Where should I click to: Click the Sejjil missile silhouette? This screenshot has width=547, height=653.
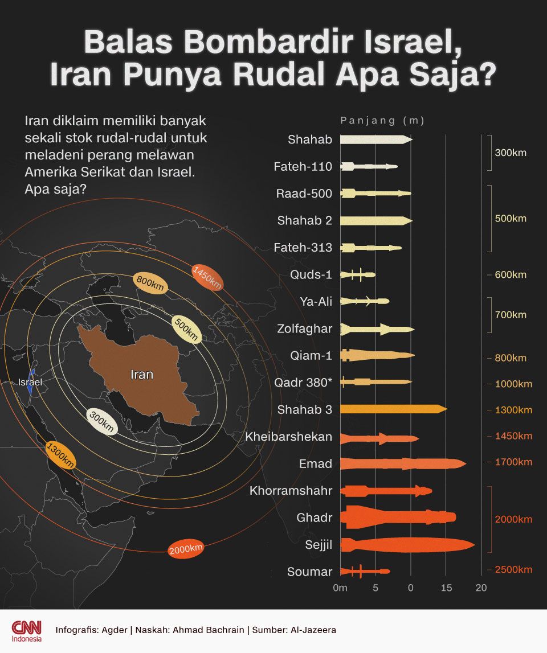407,545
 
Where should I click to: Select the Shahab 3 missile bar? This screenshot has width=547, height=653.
393,409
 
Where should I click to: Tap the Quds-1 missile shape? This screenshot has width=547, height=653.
358,274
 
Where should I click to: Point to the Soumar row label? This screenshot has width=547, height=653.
310,571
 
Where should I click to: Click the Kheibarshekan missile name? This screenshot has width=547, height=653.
289,437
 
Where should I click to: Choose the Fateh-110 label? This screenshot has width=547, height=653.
303,167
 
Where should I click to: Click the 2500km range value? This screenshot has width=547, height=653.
513,570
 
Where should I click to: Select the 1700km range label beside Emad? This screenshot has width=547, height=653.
513,462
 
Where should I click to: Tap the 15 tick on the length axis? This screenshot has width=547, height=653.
446,588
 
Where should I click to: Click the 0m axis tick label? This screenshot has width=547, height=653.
340,588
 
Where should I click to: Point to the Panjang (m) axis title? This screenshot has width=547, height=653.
382,121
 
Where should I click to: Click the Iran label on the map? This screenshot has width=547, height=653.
142,375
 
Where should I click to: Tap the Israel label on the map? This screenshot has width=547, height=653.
30,383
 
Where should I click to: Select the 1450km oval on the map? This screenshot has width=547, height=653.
207,278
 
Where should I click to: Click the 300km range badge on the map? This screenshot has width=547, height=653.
102,422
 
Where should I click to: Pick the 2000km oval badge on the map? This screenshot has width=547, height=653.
186,549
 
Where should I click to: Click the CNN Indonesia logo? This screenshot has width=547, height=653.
27,631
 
